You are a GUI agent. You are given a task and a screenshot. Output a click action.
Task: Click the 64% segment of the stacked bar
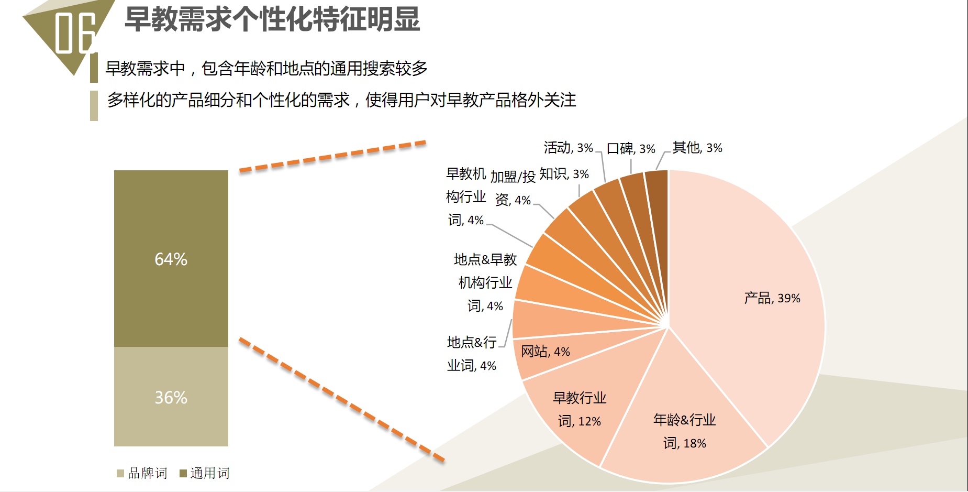[x=171, y=258]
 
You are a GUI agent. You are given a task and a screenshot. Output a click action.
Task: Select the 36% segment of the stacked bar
[x=171, y=397]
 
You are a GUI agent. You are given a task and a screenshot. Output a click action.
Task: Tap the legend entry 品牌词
[x=142, y=473]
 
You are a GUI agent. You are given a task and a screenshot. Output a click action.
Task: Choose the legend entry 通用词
[x=204, y=473]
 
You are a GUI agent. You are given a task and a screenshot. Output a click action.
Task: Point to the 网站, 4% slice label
[x=545, y=351]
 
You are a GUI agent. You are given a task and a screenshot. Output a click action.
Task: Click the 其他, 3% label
[x=697, y=148]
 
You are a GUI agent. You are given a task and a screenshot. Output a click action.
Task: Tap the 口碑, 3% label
[x=631, y=149]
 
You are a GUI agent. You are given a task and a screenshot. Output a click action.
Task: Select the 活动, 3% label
[x=568, y=148]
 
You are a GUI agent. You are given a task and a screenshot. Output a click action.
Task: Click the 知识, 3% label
[x=564, y=174]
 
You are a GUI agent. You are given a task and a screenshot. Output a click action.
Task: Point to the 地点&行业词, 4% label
[x=471, y=354]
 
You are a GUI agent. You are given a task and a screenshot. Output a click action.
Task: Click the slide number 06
[x=75, y=33]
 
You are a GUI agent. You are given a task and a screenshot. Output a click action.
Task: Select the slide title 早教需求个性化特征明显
[x=272, y=19]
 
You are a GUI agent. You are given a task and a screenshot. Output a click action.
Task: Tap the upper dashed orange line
[x=332, y=156]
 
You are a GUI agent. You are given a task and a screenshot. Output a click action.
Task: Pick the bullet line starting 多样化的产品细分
[x=341, y=100]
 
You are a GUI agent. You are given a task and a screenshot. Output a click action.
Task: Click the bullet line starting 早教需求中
[x=266, y=68]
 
